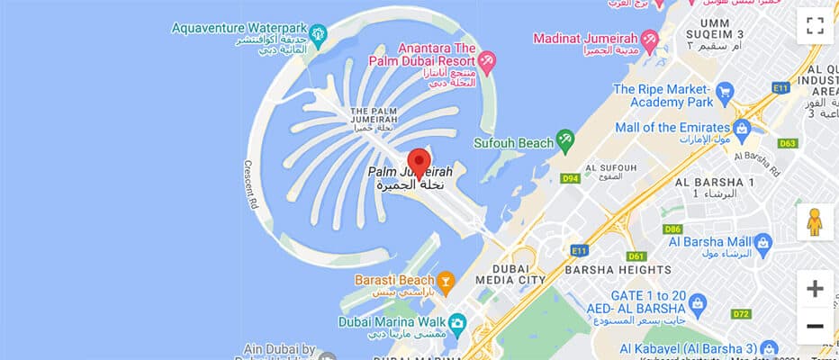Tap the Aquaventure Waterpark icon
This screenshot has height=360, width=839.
point(317,34)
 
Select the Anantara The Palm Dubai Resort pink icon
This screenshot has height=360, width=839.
point(486,61)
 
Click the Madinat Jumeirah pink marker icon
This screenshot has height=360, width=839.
point(649,39)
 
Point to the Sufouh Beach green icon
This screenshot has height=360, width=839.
point(565,140)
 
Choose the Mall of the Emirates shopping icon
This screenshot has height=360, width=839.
point(742,127)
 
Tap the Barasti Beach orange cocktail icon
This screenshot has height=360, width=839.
point(446,280)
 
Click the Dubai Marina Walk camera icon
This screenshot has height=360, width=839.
point(457,322)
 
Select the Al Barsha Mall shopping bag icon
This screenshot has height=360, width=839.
point(763,241)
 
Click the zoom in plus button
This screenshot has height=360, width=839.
point(815,289)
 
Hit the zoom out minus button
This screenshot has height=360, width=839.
point(815,326)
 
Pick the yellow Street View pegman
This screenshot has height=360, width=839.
point(815,221)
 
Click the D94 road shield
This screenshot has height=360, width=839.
point(570,178)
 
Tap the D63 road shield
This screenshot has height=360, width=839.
point(789,143)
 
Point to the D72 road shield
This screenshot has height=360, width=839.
point(742,314)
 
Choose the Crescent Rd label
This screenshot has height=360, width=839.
point(251,184)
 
